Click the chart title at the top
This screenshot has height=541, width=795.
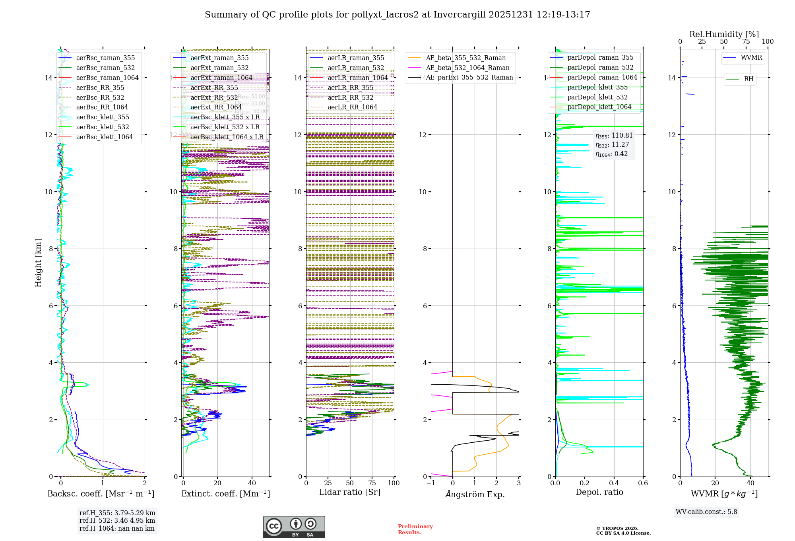tap(397, 15)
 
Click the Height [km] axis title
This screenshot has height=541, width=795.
tap(38, 263)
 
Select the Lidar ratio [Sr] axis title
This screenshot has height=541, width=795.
tap(350, 492)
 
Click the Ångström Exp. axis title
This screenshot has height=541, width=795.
tap(475, 494)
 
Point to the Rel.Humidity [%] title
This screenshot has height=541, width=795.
tap(724, 34)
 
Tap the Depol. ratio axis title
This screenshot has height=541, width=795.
tap(599, 492)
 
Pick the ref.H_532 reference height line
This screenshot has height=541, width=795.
tap(117, 521)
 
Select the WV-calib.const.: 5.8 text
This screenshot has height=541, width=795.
tap(706, 512)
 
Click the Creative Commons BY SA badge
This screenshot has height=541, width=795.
tap(294, 527)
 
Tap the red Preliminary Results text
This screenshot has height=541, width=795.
tap(415, 529)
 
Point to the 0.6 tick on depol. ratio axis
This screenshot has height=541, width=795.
tap(643, 483)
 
